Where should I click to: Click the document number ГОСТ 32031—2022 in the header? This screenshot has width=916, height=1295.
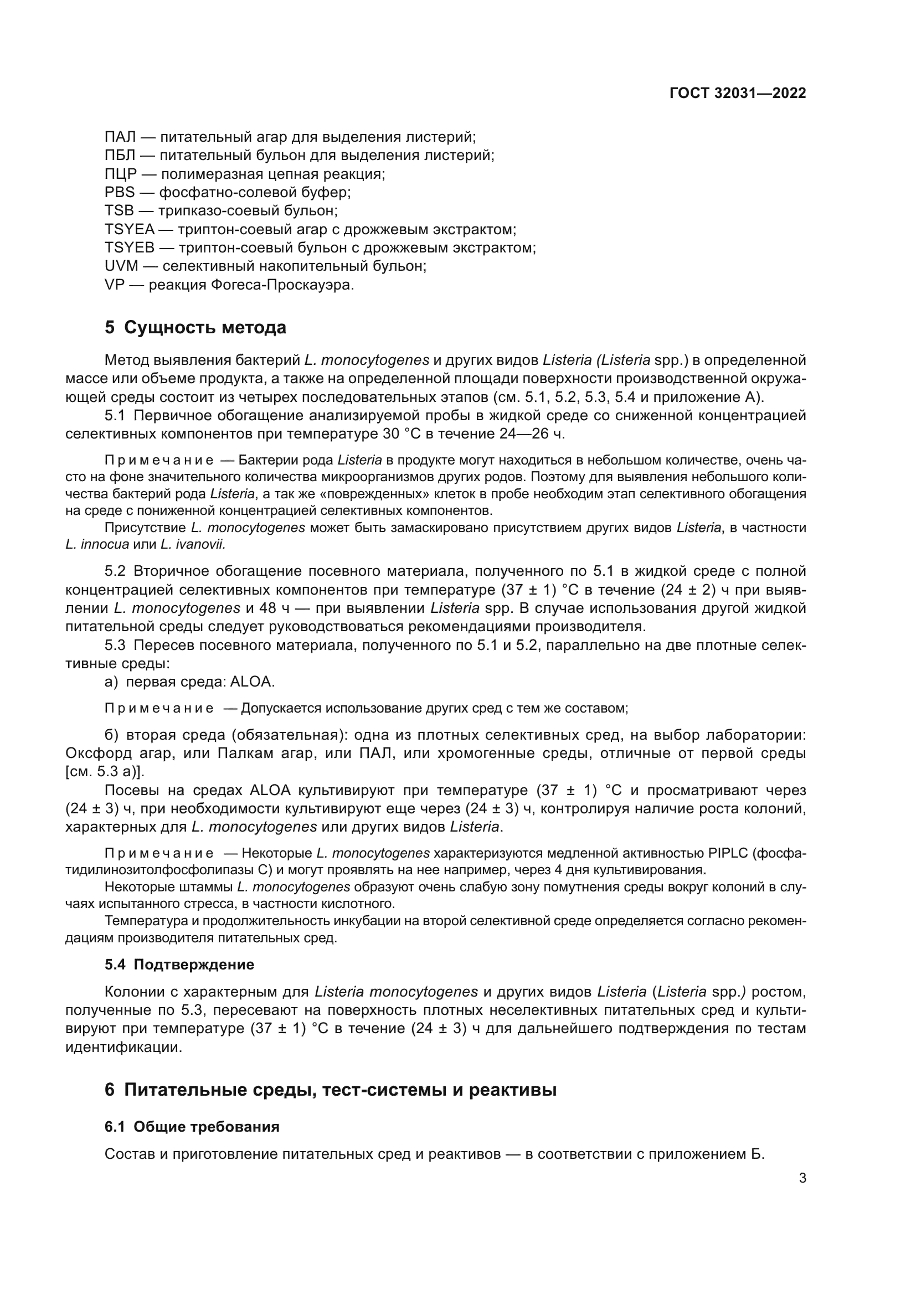(737, 93)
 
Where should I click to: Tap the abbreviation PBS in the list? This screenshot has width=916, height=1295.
(120, 192)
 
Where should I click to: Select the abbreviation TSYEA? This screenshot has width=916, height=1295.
(129, 230)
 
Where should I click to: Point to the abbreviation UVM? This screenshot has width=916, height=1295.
(121, 266)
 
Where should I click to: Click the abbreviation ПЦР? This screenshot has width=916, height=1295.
(121, 174)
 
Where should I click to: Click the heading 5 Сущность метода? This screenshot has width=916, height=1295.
(195, 327)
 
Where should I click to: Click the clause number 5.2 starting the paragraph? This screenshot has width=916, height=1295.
(115, 571)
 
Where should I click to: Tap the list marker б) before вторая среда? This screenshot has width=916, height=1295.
(111, 735)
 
